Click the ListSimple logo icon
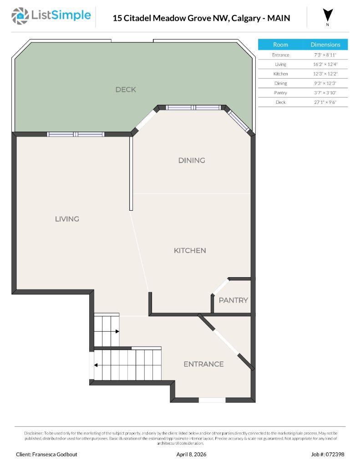[x=20, y=16]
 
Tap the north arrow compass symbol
[x=328, y=15]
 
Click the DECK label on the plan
[x=126, y=90]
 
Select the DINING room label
[x=192, y=160]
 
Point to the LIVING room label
[x=67, y=219]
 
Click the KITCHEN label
[x=190, y=250]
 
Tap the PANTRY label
[x=233, y=300]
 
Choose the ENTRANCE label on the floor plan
[x=203, y=364]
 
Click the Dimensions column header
[x=325, y=45]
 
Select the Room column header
[x=280, y=45]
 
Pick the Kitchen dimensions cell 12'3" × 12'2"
[x=325, y=74]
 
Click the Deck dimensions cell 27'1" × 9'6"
[x=325, y=102]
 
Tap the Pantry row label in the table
[x=280, y=93]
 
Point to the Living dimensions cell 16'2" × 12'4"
[x=325, y=64]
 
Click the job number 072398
[x=328, y=454]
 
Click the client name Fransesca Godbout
[x=50, y=454]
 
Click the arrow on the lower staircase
[x=96, y=365]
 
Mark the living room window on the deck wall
[x=76, y=134]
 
